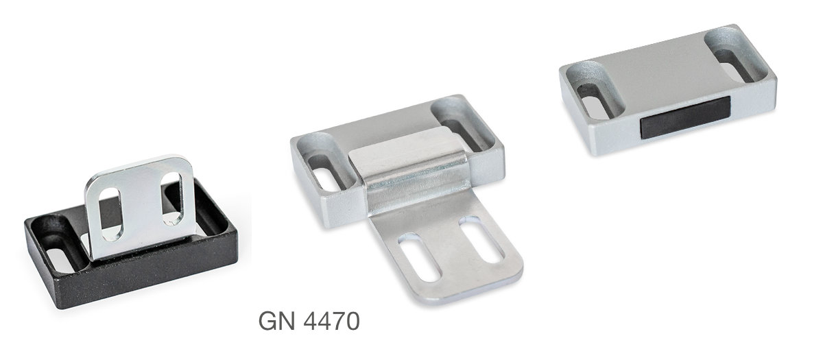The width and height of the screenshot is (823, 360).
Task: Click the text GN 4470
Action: click(x=309, y=321)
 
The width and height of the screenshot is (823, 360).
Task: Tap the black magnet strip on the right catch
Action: click(x=685, y=117)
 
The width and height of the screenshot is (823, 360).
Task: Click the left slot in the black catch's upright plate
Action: click(x=111, y=214)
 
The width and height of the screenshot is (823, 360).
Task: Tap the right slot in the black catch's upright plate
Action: click(x=171, y=197)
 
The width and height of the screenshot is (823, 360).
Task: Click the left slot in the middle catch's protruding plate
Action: click(x=420, y=256)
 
